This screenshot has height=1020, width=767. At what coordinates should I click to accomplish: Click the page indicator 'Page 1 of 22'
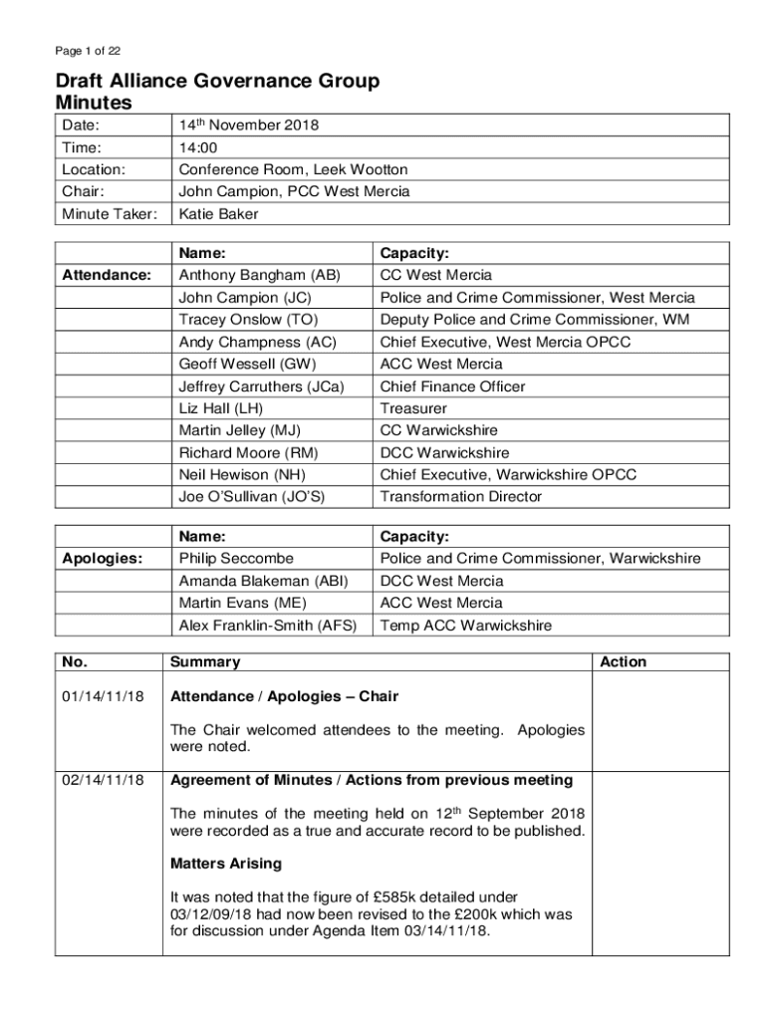point(88,51)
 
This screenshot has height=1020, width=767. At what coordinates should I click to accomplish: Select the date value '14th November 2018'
point(248,126)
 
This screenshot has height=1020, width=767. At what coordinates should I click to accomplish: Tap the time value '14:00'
point(197,147)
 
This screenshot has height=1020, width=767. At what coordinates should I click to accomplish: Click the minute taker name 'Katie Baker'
point(218,213)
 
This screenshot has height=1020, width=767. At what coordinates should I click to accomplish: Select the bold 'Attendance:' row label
point(107,275)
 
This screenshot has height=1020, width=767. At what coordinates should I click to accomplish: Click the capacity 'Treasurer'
point(413,408)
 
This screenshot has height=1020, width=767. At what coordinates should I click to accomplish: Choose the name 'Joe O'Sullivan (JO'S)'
point(252,496)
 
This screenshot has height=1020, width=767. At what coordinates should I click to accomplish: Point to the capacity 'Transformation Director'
point(461,496)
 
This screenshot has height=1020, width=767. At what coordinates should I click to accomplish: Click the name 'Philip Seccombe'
point(236,559)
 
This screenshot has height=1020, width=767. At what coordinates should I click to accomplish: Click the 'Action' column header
point(623,661)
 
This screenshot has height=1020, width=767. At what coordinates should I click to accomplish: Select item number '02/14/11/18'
point(104,779)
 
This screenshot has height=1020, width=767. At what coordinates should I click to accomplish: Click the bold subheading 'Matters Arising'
point(226,863)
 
